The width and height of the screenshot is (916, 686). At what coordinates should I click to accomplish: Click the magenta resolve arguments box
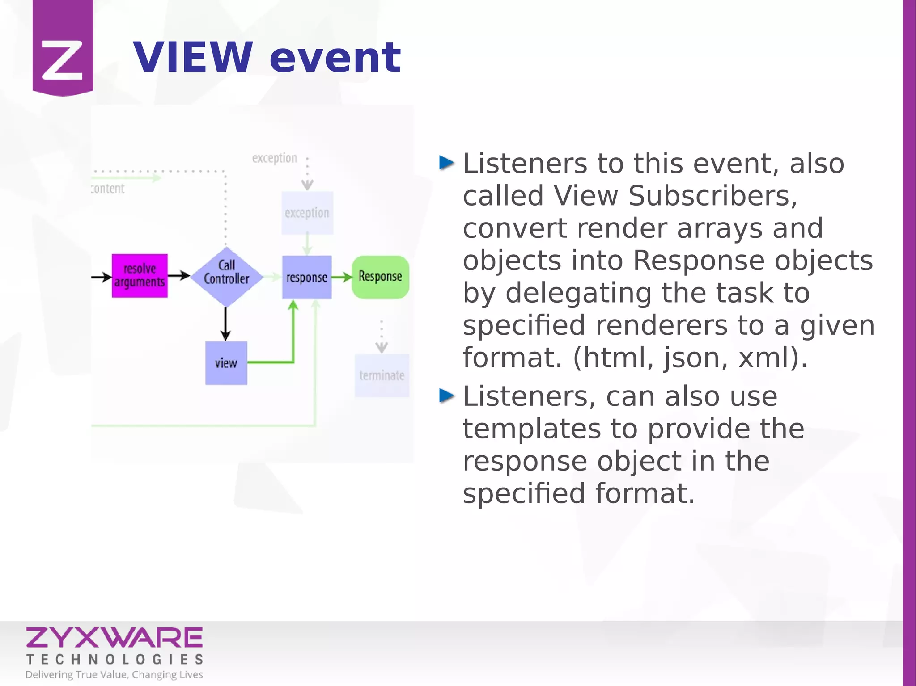[x=140, y=276]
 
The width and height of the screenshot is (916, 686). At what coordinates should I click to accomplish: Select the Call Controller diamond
[x=226, y=277]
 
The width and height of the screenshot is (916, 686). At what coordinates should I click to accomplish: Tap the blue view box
[x=226, y=363]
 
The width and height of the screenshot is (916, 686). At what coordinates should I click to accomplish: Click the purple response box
[x=307, y=277]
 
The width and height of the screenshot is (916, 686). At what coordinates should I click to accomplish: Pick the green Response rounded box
[x=380, y=277]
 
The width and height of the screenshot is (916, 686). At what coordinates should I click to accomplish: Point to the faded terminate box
[x=382, y=375]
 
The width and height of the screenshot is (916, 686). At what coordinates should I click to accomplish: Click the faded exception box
[x=307, y=213]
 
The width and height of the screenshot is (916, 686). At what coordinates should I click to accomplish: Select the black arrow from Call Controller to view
[x=225, y=324]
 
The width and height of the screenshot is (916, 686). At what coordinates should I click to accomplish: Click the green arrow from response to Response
[x=342, y=278]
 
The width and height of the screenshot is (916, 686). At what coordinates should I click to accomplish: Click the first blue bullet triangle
[x=446, y=163]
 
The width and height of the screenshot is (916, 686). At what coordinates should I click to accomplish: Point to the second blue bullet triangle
[x=446, y=396]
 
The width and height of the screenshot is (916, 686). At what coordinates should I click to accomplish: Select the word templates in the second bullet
[x=531, y=429]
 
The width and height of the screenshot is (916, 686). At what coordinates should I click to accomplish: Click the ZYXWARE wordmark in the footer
[x=114, y=638]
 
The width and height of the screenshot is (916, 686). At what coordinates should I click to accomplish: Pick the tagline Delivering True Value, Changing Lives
[x=114, y=674]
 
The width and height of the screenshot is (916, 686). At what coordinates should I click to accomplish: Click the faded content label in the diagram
[x=108, y=189]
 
